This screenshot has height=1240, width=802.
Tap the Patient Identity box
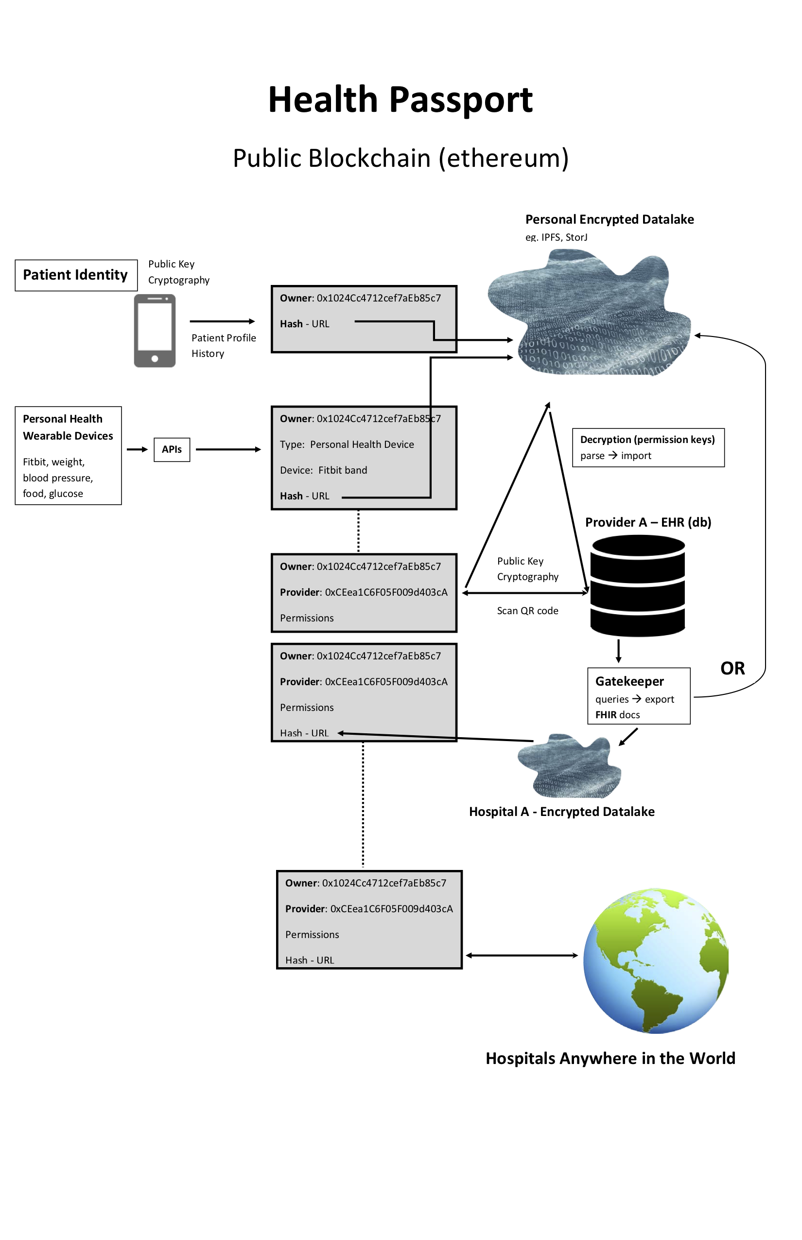pyautogui.click(x=76, y=275)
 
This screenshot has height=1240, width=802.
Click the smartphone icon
pyautogui.click(x=155, y=331)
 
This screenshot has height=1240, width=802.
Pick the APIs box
pyautogui.click(x=172, y=450)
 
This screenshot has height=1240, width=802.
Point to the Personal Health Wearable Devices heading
pyautogui.click(x=68, y=427)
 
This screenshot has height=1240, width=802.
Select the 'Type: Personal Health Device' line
pyautogui.click(x=347, y=444)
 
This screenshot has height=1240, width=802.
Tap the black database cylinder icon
pyautogui.click(x=637, y=586)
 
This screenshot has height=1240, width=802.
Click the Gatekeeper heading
pyautogui.click(x=629, y=681)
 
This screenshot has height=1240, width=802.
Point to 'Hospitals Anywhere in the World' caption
pyautogui.click(x=610, y=1058)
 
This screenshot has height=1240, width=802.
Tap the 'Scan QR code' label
pyautogui.click(x=527, y=611)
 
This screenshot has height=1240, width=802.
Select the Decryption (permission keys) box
pyautogui.click(x=648, y=447)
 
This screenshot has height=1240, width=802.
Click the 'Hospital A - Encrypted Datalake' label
pyautogui.click(x=561, y=812)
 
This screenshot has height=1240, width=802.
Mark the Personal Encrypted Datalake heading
pyautogui.click(x=610, y=219)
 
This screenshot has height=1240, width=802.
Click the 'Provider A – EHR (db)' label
pyautogui.click(x=648, y=523)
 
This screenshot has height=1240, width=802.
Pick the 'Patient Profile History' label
pyautogui.click(x=224, y=345)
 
